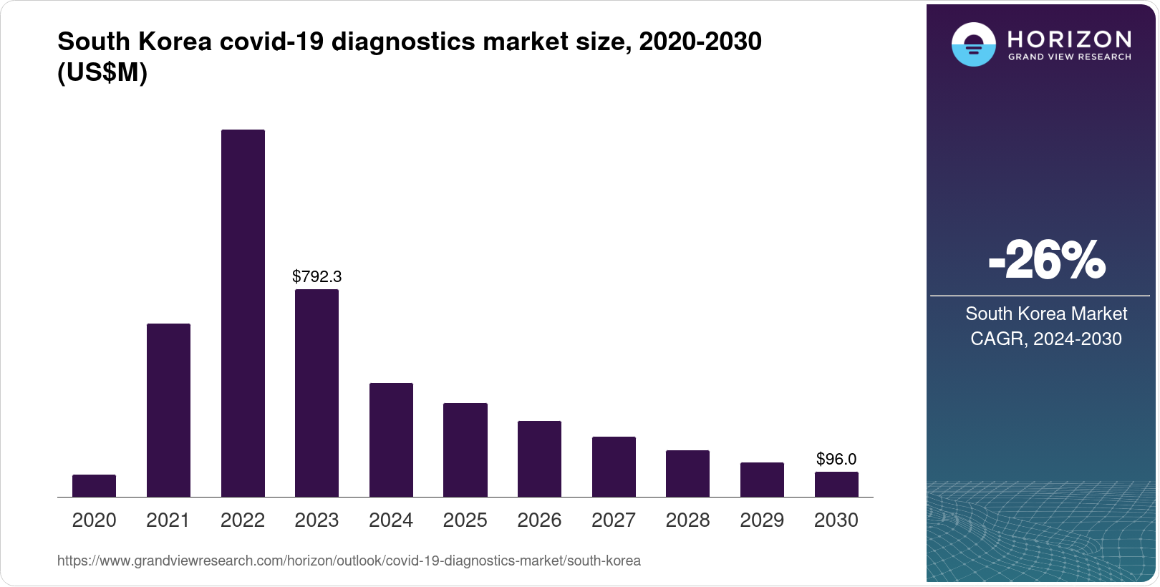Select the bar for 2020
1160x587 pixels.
[94, 485]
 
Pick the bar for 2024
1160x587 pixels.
[391, 440]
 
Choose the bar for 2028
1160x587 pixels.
[687, 473]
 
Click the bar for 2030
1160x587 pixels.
[836, 484]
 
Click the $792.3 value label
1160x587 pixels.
[316, 276]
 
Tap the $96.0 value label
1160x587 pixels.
[836, 459]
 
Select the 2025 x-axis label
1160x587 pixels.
[465, 520]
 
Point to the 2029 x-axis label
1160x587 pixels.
[762, 520]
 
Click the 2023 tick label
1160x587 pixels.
[316, 520]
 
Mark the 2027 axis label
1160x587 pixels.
[614, 520]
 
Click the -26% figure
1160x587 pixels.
[1046, 261]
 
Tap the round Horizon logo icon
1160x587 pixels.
[973, 44]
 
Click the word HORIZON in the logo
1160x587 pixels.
[1069, 39]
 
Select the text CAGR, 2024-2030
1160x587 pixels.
[1045, 339]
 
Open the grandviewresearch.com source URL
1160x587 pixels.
[349, 561]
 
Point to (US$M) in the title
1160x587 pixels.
[102, 72]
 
